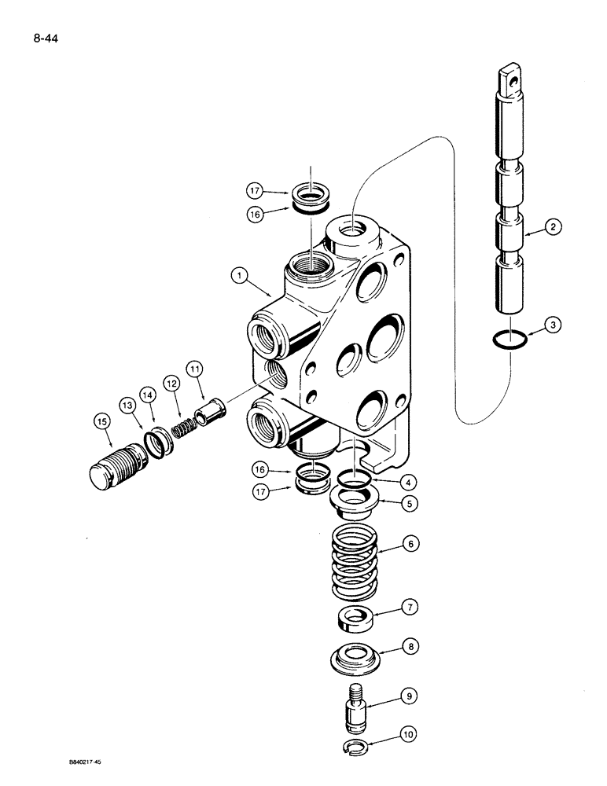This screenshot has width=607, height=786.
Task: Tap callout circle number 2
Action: point(553,228)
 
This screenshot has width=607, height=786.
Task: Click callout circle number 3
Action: point(553,323)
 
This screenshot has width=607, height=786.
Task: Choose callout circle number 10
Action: point(409,736)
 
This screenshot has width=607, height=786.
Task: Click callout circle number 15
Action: point(101,422)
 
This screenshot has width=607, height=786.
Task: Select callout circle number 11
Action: point(194,368)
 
